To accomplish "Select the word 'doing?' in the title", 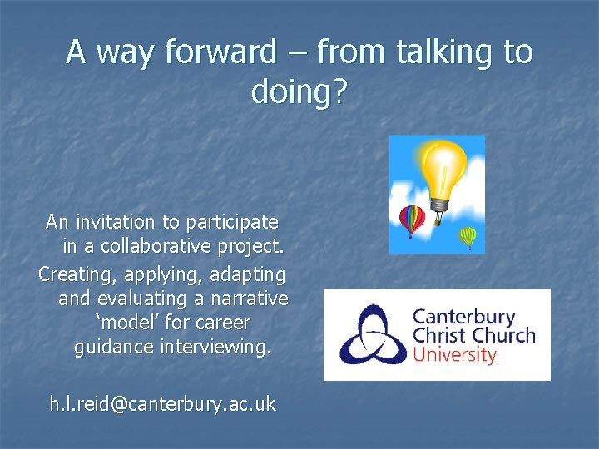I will coord(299,91).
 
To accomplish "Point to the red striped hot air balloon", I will coord(412,220).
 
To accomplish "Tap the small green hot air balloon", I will coord(469,237).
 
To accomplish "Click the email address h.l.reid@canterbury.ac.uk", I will coord(162,404).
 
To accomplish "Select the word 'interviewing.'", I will coord(219,346).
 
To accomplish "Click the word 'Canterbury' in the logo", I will coord(464,317).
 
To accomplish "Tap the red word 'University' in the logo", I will coord(454,355).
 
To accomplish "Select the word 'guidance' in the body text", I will coord(111,346).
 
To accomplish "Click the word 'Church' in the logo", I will coord(503,336).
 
